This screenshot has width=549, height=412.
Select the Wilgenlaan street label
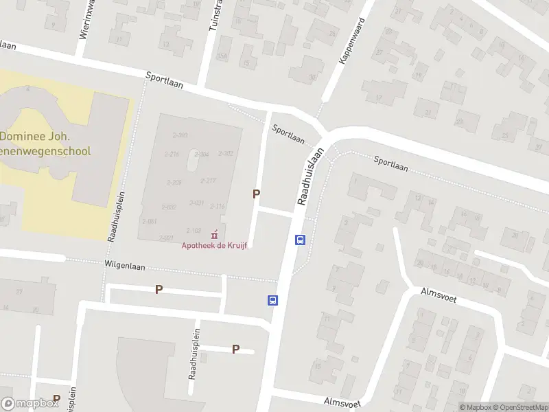pos(124,264)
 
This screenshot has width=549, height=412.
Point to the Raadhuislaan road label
pos(309,177)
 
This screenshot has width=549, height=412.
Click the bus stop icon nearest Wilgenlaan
pos(272,300)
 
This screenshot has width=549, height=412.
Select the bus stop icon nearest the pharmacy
pos(300,240)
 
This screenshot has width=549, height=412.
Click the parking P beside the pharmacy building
pos(256,194)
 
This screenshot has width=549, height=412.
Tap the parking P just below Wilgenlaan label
pos(159,289)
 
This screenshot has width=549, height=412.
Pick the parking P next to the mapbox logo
pos(56,399)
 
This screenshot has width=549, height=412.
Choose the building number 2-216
pos(172,154)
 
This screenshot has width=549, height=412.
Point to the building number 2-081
pos(149,221)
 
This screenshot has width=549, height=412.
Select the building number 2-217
pos(208,181)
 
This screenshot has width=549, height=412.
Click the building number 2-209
pos(174,182)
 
